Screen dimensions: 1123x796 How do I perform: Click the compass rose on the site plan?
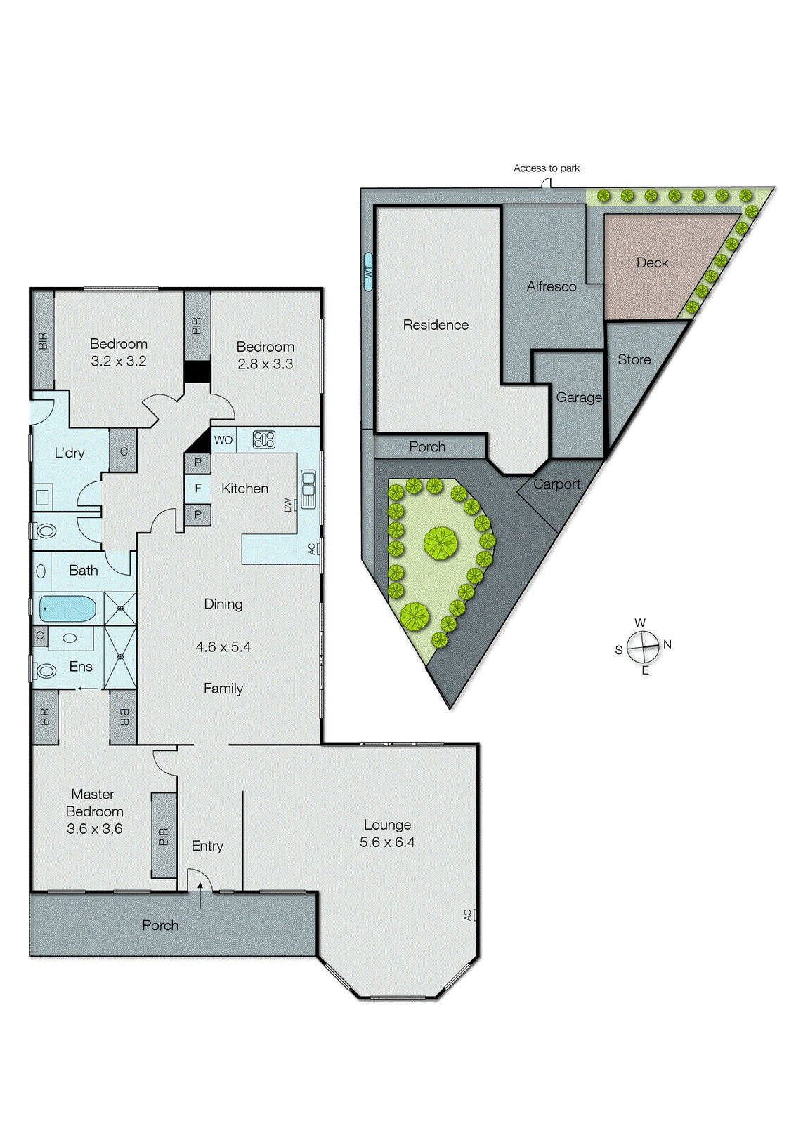[x=644, y=647]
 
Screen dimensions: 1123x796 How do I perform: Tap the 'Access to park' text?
[x=547, y=168]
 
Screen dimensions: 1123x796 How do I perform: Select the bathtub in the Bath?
[x=67, y=609]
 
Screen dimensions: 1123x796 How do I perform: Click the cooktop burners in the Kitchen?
[x=264, y=440]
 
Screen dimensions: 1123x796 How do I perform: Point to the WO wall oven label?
[x=223, y=440]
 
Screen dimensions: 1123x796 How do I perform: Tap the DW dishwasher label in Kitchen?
[x=288, y=505]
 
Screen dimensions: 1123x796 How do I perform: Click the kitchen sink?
[x=308, y=489]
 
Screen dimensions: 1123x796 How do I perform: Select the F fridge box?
[x=198, y=488]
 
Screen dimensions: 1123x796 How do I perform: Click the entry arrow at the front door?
[x=200, y=895]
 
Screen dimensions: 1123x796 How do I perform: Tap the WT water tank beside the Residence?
[x=368, y=272]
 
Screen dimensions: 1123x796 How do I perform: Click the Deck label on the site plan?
[x=652, y=263]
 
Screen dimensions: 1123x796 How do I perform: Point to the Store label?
[x=634, y=359]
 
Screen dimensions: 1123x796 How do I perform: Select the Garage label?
[x=579, y=397]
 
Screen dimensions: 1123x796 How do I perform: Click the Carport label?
[x=556, y=484]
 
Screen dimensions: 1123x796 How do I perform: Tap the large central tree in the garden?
[x=441, y=543]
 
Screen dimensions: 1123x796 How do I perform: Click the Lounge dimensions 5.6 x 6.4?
[x=387, y=842]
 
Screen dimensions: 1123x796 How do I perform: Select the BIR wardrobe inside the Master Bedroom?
[x=164, y=835]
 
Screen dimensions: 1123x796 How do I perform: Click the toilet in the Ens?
[x=46, y=670]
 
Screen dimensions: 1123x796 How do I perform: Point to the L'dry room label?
[x=70, y=453]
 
